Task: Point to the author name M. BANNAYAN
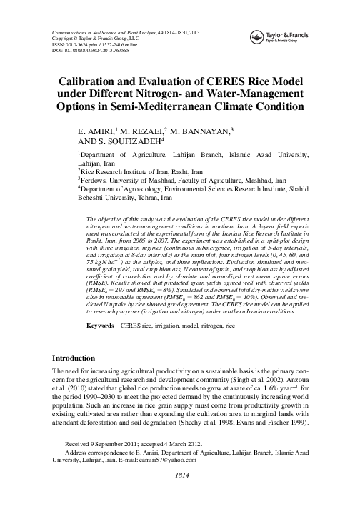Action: (212, 133)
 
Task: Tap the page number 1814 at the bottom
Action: (180, 495)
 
